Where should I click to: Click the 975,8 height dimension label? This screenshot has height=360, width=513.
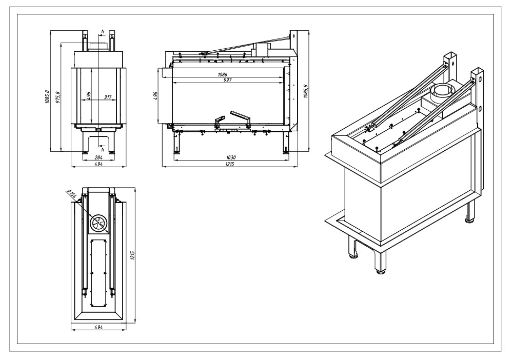point(57,96)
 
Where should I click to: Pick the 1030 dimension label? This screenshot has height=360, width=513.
point(228,158)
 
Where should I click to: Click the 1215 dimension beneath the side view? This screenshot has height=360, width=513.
point(228,164)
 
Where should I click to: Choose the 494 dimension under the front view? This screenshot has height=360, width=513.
point(97,164)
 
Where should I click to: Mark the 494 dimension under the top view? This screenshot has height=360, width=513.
point(97,327)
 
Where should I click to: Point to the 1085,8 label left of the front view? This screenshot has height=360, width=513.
point(47,96)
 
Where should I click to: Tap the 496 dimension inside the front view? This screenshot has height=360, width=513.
point(89,96)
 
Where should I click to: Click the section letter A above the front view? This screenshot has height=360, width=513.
point(103,32)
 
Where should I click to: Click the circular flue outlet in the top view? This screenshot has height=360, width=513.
point(98,222)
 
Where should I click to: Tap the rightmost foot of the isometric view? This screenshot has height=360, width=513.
point(469,221)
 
